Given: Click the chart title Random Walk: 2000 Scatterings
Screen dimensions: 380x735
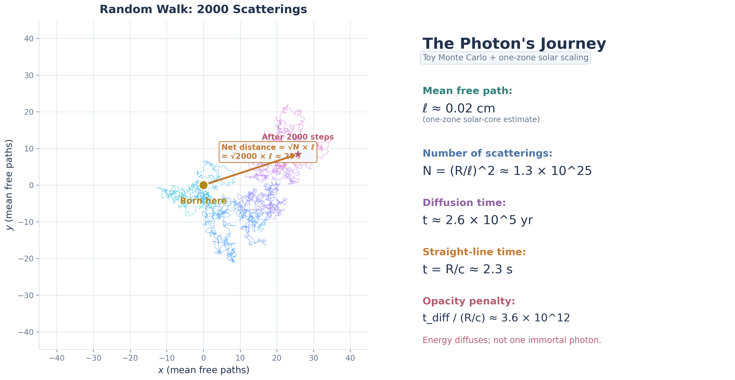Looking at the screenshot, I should click(x=203, y=9).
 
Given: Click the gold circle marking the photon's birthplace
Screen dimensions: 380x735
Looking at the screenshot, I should click(x=203, y=185).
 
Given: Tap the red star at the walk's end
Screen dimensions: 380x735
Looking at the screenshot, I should click(x=298, y=154).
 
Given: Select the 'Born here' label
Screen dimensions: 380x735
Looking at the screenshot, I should click(x=203, y=201).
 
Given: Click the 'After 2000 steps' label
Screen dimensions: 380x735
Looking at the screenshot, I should click(x=297, y=137).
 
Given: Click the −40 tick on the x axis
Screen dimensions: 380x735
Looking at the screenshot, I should click(x=57, y=358).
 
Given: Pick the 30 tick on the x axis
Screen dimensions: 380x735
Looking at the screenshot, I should click(x=313, y=358).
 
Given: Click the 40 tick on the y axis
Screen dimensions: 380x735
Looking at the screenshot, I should click(x=29, y=39).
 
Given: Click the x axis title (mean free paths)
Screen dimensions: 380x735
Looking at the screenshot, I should click(x=203, y=370).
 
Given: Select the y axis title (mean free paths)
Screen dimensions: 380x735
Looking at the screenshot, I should click(x=9, y=185).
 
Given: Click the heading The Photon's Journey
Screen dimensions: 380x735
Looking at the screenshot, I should click(x=514, y=44).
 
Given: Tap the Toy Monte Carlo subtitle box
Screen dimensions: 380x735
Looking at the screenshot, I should click(x=505, y=58).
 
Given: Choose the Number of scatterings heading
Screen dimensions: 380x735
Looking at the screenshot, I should click(x=487, y=153).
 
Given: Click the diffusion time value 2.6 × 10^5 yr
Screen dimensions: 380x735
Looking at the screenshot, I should click(x=478, y=220).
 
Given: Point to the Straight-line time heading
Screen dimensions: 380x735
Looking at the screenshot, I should click(x=474, y=252).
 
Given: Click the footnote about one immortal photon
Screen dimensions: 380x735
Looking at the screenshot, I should click(x=512, y=340).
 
